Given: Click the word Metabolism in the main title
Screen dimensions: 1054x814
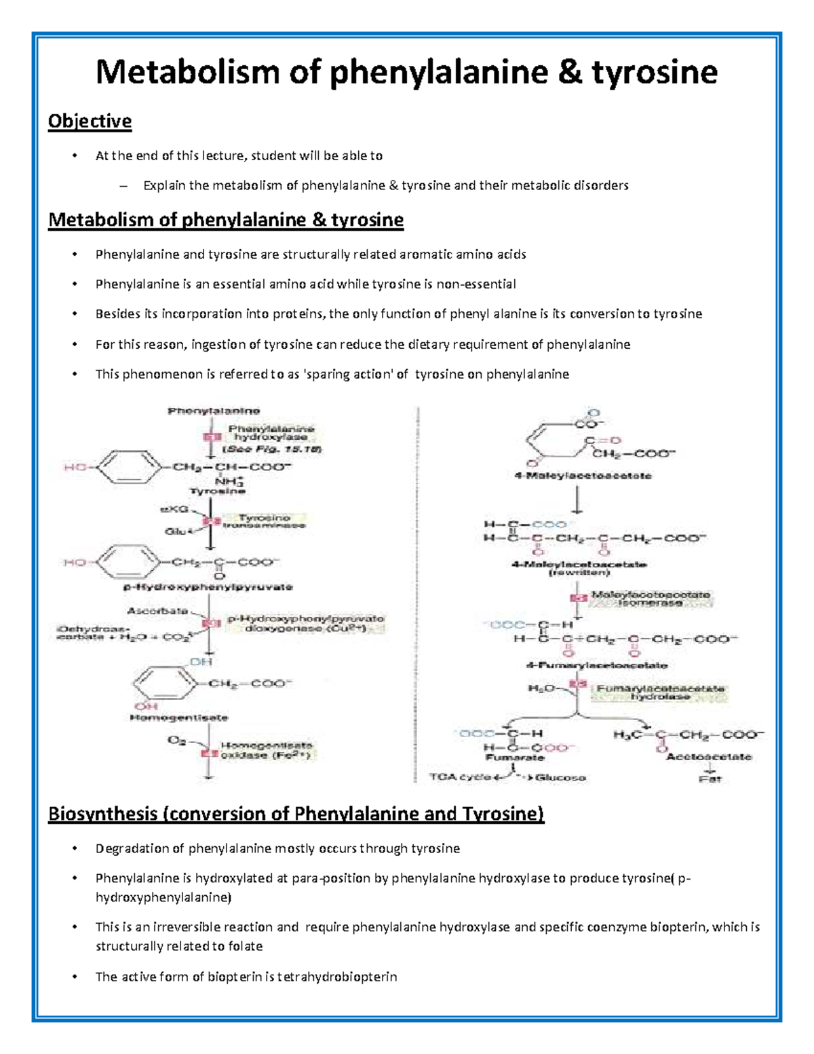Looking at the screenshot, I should (x=187, y=72).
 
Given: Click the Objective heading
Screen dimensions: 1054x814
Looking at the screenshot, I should (x=90, y=121).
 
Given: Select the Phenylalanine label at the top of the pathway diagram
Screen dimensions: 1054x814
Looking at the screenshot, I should (x=214, y=411).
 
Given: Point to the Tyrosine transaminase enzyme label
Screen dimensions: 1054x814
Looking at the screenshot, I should (x=264, y=521).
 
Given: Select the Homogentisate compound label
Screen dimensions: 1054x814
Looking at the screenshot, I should (x=179, y=717).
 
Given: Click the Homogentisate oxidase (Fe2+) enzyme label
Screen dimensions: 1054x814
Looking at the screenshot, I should (x=267, y=749).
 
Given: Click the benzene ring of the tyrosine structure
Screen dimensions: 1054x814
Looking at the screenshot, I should (x=130, y=467).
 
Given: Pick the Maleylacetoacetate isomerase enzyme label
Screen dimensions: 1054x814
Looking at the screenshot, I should (x=651, y=599).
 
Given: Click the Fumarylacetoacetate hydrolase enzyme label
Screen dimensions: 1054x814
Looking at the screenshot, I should (x=660, y=692).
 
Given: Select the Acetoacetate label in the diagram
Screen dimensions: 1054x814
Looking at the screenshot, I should (x=709, y=757).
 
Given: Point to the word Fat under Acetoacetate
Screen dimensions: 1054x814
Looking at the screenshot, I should (x=710, y=779).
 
